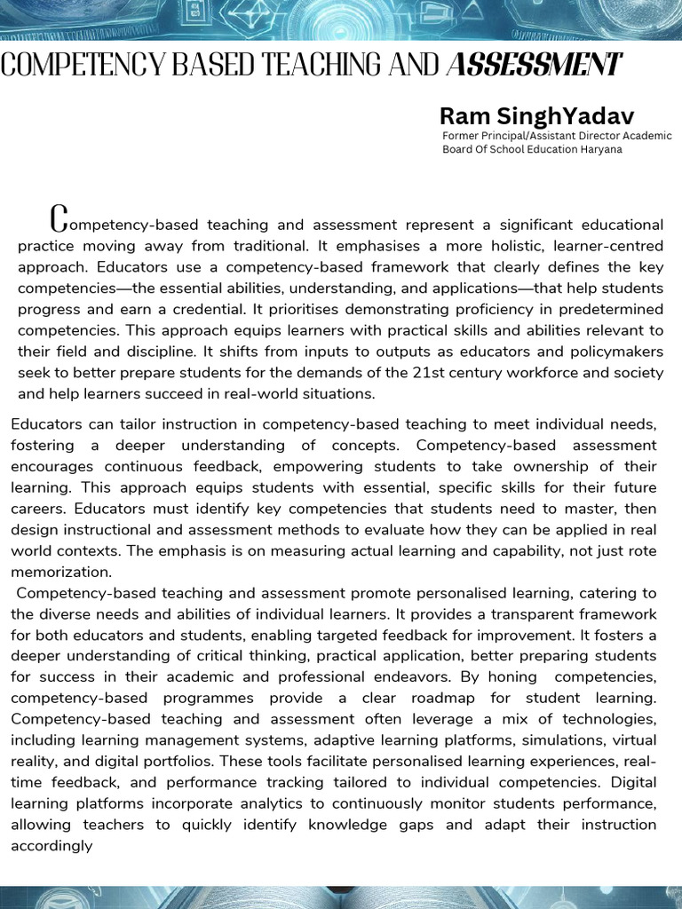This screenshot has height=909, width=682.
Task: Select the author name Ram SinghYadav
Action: [x=536, y=115]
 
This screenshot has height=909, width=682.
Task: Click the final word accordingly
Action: [x=52, y=846]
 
